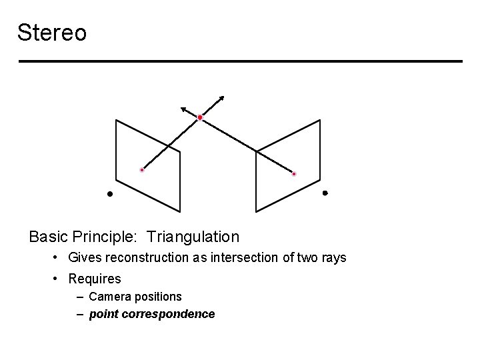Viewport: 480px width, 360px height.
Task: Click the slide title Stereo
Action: click(52, 32)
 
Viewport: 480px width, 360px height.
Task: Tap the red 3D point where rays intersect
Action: click(200, 118)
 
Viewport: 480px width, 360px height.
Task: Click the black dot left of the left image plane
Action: click(111, 194)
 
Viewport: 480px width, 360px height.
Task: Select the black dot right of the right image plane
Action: click(325, 193)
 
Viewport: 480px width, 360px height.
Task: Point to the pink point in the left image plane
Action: click(142, 170)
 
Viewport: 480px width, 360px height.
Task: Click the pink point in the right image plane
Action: click(294, 174)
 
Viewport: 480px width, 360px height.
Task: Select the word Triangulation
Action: click(193, 237)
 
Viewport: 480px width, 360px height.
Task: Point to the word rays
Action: click(333, 257)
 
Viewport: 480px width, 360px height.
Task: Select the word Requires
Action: click(95, 279)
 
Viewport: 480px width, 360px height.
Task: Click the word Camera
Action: click(109, 296)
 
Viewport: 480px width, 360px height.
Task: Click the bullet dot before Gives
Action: click(59, 257)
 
